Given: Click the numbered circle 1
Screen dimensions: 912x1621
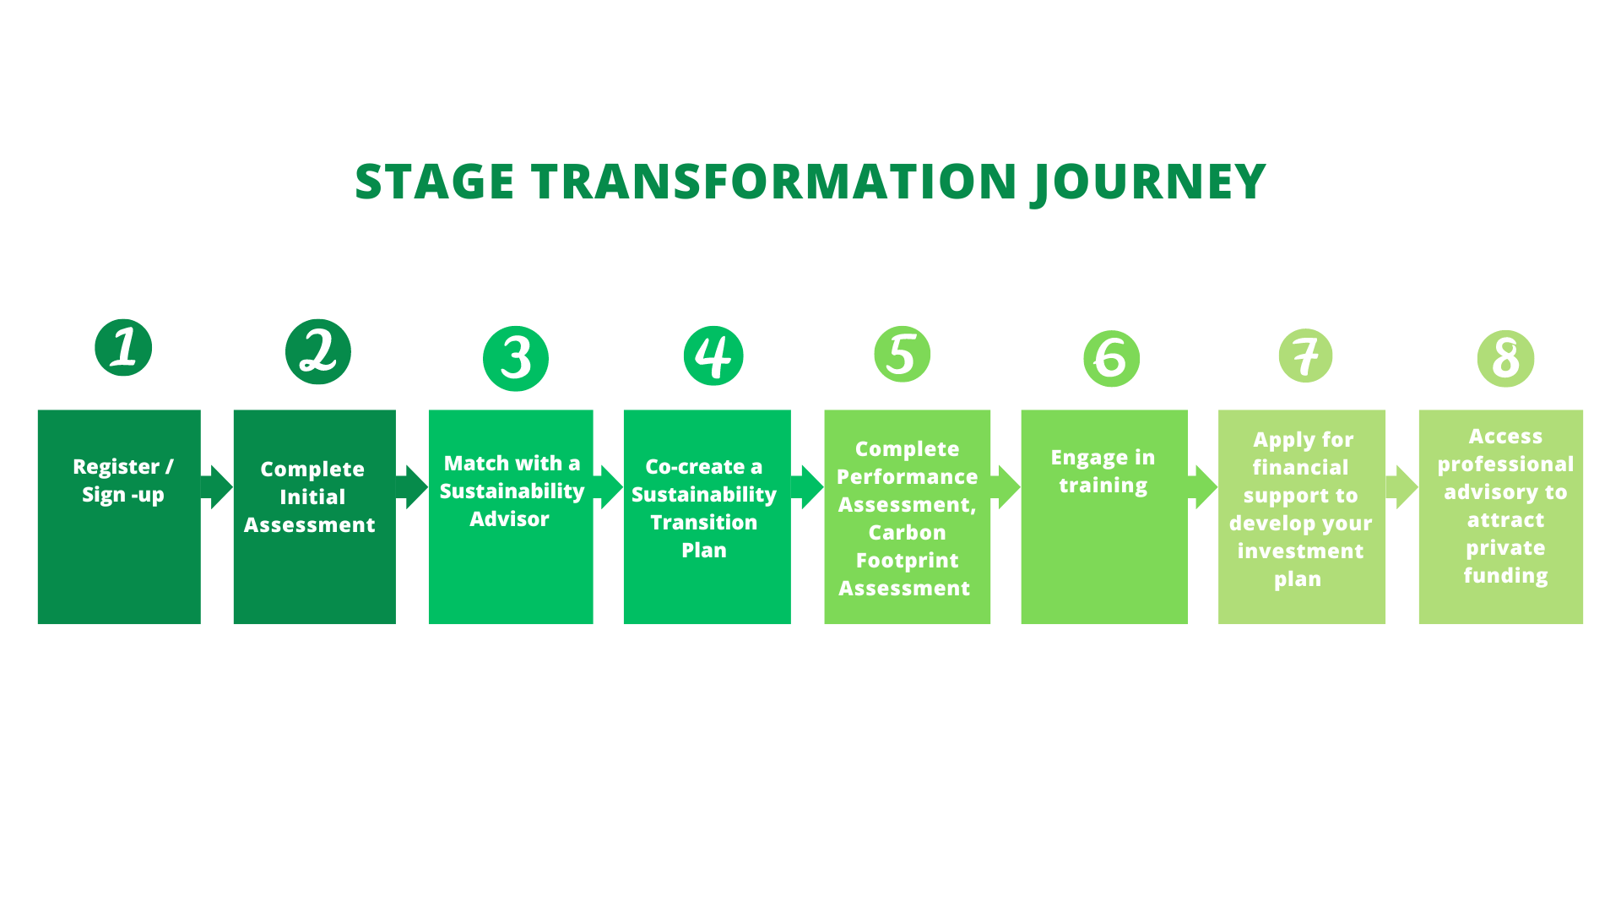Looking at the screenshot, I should (x=123, y=348).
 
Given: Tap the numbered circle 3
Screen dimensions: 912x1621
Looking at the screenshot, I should (x=516, y=358).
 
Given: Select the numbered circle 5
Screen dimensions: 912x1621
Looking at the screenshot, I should (x=902, y=354).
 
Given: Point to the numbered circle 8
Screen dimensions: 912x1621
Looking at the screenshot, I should (x=1505, y=358).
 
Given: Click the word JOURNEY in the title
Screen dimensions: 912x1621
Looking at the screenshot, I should (x=1149, y=182).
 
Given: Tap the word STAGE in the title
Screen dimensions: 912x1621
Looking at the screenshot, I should (x=435, y=182).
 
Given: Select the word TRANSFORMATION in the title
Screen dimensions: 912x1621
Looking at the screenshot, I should (x=773, y=182).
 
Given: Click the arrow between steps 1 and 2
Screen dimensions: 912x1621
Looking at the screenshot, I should (x=217, y=486).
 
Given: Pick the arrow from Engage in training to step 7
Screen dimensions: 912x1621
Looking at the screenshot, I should (x=1203, y=486).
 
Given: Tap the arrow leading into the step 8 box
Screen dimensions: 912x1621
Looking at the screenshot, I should (x=1402, y=486).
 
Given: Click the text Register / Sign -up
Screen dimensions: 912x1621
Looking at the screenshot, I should (x=123, y=480).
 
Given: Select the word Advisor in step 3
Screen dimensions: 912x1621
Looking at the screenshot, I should (x=509, y=519).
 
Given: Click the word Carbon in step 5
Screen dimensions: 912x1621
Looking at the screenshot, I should (x=907, y=533).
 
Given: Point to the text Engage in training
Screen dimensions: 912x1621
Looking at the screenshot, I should (x=1103, y=471).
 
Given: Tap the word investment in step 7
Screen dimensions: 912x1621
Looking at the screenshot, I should (x=1300, y=551).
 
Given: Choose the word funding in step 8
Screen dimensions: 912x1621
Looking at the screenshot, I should (x=1505, y=576).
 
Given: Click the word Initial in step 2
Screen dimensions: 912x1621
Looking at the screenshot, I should (x=312, y=497).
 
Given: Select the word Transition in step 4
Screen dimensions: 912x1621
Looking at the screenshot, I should (x=703, y=523).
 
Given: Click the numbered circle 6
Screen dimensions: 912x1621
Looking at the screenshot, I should (x=1111, y=359).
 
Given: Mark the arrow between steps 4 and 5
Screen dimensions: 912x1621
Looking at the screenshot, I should (x=808, y=486).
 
